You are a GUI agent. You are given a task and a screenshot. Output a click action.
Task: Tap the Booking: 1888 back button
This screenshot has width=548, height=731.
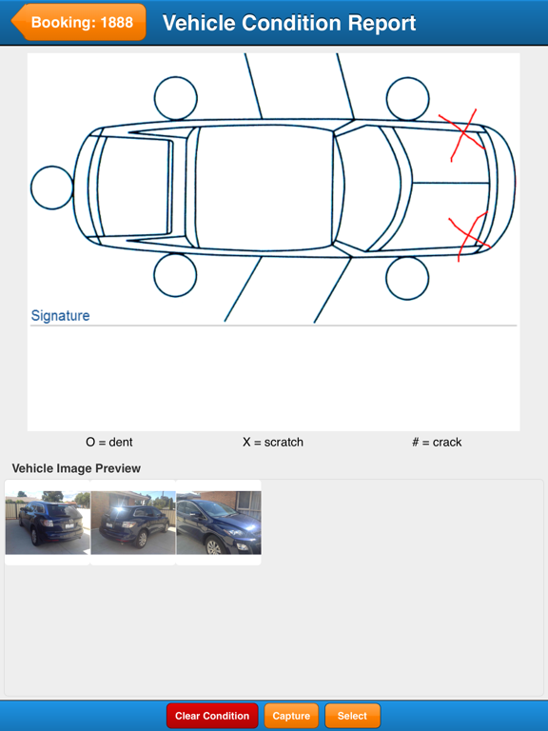[80, 22]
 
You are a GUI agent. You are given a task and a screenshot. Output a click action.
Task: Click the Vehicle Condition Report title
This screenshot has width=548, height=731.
[289, 23]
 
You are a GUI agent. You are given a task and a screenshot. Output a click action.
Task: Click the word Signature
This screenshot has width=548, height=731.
[60, 315]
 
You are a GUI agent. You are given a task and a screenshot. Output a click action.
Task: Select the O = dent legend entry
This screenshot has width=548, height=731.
[108, 442]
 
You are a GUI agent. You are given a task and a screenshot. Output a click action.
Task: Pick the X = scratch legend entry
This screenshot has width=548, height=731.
[273, 442]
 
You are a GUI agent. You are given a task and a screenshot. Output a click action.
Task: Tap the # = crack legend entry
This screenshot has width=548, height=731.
[437, 442]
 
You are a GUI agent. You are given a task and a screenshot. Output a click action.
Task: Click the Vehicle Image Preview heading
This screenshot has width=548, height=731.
[76, 468]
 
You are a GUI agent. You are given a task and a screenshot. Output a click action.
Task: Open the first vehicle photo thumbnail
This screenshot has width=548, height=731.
[48, 523]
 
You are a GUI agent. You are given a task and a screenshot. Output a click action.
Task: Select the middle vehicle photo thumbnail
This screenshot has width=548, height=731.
[133, 523]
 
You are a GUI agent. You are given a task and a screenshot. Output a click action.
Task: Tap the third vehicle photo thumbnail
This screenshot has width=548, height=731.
[218, 523]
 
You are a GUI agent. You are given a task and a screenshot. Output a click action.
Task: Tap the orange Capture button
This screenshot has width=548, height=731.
[291, 716]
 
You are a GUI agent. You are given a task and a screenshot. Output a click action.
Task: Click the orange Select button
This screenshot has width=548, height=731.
[352, 716]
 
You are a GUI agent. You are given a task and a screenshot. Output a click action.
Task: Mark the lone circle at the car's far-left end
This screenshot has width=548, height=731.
[51, 188]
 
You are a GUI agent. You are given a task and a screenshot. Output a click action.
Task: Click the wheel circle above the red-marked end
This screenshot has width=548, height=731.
[408, 99]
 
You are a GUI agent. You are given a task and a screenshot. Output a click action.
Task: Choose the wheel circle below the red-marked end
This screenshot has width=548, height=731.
[408, 276]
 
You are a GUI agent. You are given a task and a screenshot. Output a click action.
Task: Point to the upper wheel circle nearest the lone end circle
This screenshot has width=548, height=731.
[175, 98]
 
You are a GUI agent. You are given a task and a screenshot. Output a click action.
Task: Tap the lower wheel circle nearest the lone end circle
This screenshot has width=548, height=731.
[175, 275]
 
